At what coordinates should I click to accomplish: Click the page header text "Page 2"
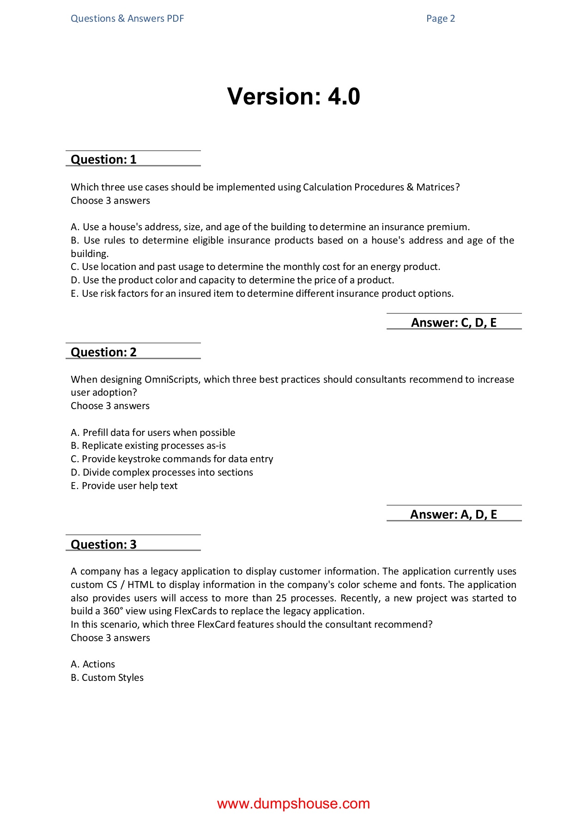[x=440, y=18]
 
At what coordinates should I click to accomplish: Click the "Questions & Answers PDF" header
[x=127, y=18]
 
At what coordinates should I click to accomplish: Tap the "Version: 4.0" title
[x=293, y=97]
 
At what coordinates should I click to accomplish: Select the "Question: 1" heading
[x=103, y=159]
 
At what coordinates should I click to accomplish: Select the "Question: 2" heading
[x=103, y=352]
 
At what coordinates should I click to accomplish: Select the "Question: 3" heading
[x=103, y=544]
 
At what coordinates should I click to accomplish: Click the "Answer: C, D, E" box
[x=454, y=323]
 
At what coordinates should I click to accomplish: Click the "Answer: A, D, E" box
[x=454, y=514]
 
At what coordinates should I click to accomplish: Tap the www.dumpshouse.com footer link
[x=293, y=804]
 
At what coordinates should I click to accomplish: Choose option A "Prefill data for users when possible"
[x=153, y=433]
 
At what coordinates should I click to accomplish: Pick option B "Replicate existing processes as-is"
[x=148, y=446]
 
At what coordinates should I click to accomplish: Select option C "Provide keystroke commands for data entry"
[x=172, y=459]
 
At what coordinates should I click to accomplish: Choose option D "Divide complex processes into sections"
[x=162, y=472]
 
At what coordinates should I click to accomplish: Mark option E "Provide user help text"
[x=124, y=486]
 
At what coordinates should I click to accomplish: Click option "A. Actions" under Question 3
[x=93, y=664]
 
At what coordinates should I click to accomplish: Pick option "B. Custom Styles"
[x=107, y=678]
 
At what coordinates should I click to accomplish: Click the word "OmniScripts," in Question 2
[x=173, y=379]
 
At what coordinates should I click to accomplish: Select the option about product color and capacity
[x=232, y=280]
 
